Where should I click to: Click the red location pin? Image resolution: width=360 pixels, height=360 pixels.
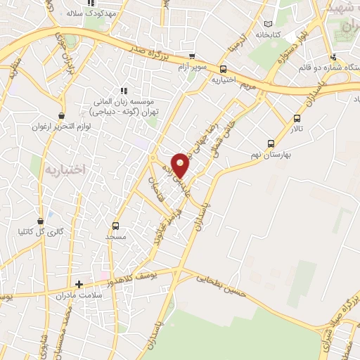coord(181,165)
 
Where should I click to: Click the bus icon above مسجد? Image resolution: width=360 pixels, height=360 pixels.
coord(116,226)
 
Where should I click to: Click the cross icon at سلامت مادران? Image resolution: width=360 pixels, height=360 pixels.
coord(79,285)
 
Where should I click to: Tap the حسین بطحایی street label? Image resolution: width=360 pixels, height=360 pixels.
coord(222,285)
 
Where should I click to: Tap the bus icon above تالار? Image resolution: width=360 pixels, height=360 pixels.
coord(297,118)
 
